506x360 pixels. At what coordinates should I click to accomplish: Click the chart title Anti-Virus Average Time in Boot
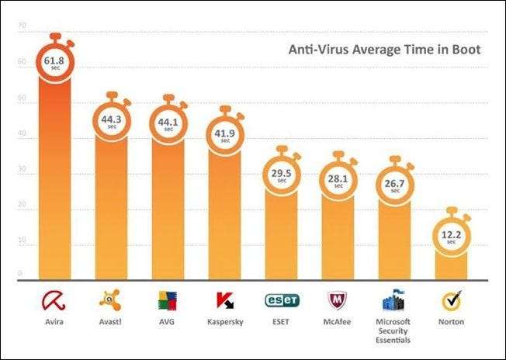coord(384,50)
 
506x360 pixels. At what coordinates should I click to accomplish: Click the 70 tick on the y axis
coord(22,26)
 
